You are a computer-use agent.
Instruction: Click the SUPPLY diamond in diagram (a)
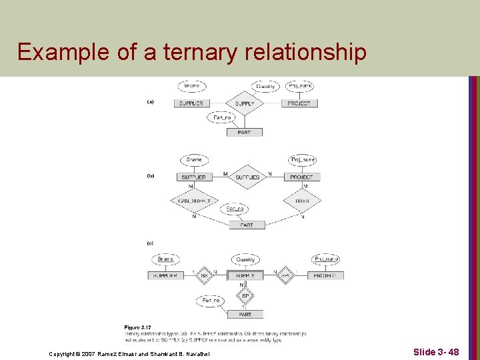[x=245, y=103]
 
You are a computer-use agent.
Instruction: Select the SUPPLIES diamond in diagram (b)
[x=247, y=177]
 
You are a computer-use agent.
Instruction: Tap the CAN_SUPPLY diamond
[x=194, y=201]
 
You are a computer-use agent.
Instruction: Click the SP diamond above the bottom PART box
[x=245, y=295]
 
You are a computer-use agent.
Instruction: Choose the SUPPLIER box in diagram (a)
[x=191, y=103]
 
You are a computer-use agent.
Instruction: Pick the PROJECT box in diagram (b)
[x=301, y=177]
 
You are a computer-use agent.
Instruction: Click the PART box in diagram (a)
[x=244, y=132]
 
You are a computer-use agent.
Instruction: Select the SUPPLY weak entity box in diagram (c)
[x=245, y=275]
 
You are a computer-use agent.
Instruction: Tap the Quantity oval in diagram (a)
[x=266, y=86]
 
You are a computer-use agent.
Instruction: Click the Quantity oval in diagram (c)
[x=245, y=259]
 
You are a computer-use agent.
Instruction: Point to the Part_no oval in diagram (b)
[x=235, y=209]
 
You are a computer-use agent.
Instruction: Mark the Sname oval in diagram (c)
[x=165, y=259]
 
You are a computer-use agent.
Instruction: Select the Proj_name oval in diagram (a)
[x=301, y=86]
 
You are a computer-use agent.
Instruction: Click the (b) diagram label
[x=151, y=177]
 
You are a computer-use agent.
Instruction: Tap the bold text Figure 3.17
[x=135, y=327]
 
